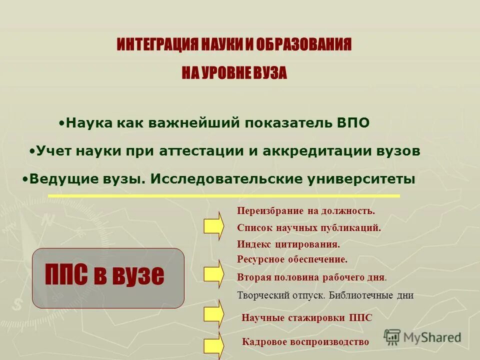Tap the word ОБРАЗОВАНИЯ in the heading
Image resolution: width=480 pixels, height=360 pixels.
[x=304, y=45]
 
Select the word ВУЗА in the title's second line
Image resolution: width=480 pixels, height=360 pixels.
[x=270, y=73]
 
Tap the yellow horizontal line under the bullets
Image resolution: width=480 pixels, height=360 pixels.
[x=224, y=195]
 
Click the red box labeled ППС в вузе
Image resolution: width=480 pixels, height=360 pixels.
[x=108, y=277]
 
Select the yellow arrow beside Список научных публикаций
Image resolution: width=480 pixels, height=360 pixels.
[x=213, y=226]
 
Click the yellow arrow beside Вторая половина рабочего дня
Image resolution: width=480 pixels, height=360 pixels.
[x=213, y=274]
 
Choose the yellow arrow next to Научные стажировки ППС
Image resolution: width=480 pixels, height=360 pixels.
[x=213, y=314]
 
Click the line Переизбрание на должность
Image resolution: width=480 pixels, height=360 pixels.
[x=305, y=211]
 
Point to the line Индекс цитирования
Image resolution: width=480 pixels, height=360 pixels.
[x=288, y=244]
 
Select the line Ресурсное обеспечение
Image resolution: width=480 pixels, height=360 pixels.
[x=292, y=259]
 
